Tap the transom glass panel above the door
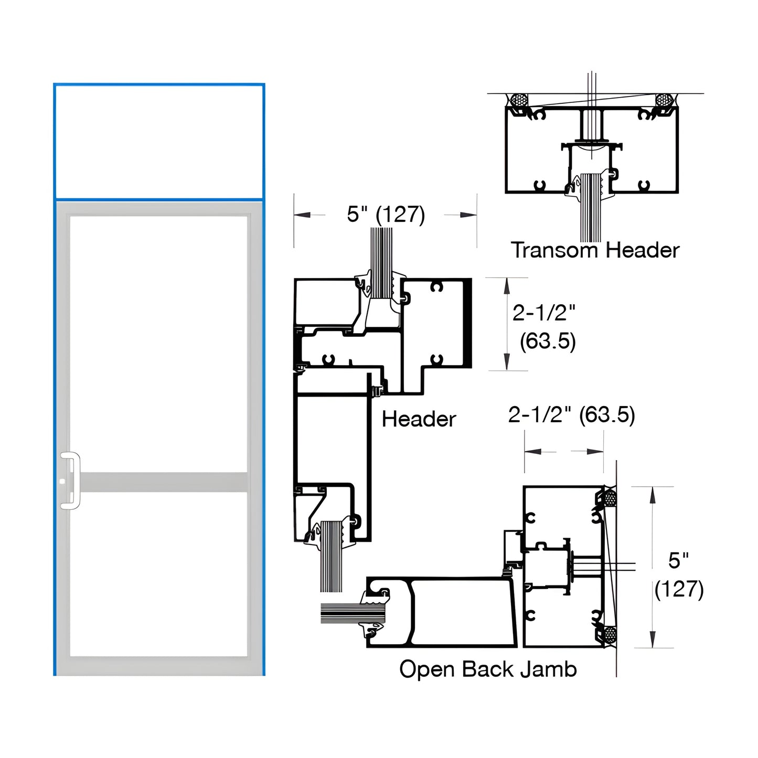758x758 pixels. coord(159,142)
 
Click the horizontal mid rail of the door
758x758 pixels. coord(163,482)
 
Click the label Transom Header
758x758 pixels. coord(595,250)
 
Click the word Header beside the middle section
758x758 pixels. coord(419,419)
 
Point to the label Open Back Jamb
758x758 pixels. coord(488,669)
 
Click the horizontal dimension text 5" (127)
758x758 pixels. coord(386,215)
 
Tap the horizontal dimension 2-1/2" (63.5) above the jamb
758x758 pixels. coord(571,415)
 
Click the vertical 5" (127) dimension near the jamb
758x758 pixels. coord(678,575)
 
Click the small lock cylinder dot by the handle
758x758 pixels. coord(62,481)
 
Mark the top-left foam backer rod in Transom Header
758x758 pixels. coord(519,100)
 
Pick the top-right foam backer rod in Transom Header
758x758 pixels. coord(664,100)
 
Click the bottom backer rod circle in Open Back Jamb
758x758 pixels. coord(610,636)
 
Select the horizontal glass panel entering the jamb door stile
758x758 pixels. coord(346,613)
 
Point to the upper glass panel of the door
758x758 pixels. coord(158,344)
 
